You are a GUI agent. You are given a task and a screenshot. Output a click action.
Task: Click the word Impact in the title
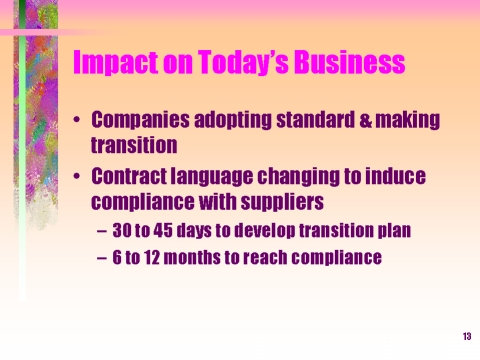(x=116, y=62)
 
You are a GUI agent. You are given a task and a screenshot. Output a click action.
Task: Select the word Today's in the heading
(x=243, y=62)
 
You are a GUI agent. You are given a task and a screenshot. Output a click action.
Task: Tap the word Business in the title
(x=350, y=61)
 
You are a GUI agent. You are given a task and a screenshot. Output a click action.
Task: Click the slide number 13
(x=467, y=336)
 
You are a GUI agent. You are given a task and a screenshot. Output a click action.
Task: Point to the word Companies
(x=140, y=120)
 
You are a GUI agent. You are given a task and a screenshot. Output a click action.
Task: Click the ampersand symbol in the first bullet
(x=365, y=120)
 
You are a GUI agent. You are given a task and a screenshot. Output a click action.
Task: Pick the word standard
(x=316, y=120)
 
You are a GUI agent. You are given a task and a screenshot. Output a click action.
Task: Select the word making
(x=408, y=121)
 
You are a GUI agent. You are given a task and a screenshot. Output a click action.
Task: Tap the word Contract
(x=129, y=176)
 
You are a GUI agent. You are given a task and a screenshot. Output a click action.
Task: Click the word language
(x=212, y=177)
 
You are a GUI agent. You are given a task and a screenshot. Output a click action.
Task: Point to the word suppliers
(x=282, y=202)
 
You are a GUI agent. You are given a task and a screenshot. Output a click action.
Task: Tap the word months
(x=192, y=257)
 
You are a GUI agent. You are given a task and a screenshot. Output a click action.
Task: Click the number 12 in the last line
(x=152, y=257)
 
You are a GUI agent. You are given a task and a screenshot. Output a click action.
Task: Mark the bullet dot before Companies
(x=77, y=120)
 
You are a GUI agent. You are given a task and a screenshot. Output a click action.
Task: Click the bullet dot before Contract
(x=77, y=176)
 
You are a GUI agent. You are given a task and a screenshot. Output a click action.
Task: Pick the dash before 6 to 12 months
(x=102, y=258)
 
